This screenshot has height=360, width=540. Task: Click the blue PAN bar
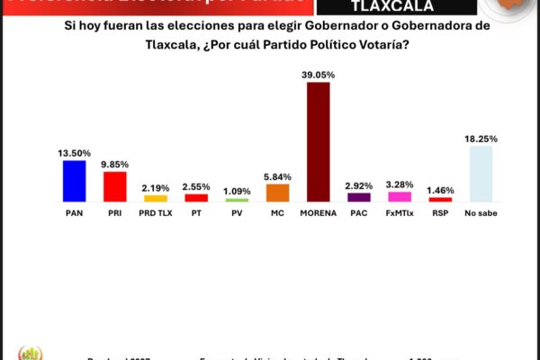point(74,180)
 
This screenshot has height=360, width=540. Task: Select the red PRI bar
point(114,186)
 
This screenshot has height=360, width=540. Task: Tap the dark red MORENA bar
point(318,141)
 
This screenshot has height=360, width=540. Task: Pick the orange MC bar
point(277,193)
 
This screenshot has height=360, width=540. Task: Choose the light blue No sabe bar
point(481,174)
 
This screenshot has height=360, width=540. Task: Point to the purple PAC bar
point(358,197)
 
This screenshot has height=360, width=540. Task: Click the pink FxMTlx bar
point(399,196)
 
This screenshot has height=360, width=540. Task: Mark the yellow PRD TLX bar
point(155,198)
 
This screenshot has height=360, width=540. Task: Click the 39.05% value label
point(318,75)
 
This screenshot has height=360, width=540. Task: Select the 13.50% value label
point(74,153)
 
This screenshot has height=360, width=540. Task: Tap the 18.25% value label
point(481,139)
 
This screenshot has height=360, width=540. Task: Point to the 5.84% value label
point(277,177)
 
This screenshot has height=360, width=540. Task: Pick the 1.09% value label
point(237,192)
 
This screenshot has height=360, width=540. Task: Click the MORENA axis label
point(318,213)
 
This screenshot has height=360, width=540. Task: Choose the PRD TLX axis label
point(155,213)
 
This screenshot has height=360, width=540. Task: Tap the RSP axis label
point(440,213)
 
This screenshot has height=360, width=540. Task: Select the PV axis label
point(237,213)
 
